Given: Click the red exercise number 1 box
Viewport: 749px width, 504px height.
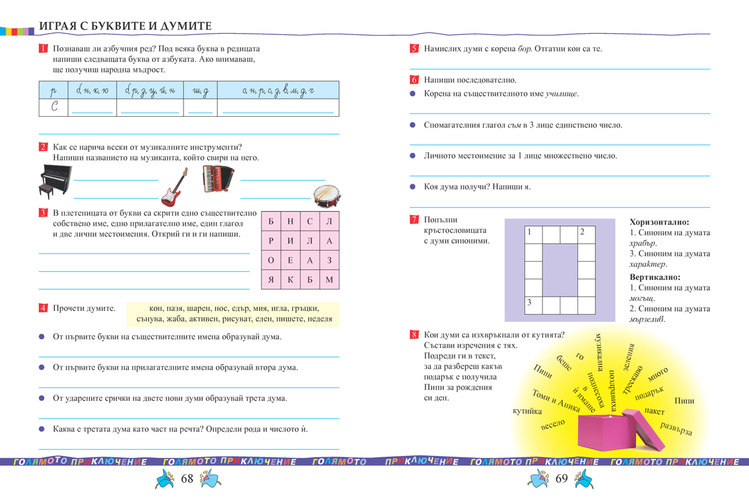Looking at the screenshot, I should coord(43,48).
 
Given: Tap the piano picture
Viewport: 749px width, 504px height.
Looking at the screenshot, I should coord(53,180).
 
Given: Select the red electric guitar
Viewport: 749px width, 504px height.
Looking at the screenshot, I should coord(174,187).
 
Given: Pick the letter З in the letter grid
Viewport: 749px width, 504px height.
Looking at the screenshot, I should coord(330,260).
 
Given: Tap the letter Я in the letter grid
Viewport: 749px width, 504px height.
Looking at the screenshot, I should coord(270,279).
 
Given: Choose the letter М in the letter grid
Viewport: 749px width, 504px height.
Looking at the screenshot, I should coord(330,279).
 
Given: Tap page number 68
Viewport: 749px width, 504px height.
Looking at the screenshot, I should coord(187,479).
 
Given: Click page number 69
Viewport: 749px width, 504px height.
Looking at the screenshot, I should coord(561,479).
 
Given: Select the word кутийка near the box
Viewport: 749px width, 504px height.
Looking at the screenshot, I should coord(527,411).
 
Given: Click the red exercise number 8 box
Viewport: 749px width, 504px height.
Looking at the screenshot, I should coord(414,334).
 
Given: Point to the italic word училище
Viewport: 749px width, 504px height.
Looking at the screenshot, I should coord(561,94).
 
